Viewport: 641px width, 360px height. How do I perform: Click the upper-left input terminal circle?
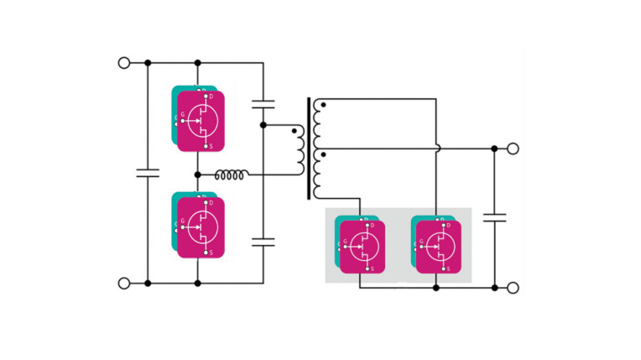tap(124, 63)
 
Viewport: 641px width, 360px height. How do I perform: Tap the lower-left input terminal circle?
tap(124, 284)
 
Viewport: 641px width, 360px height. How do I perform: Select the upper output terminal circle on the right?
tap(513, 149)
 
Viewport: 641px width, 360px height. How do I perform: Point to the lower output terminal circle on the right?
tap(513, 287)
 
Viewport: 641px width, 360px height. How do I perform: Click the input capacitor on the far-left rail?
tap(148, 174)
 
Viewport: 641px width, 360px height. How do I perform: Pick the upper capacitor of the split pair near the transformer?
tap(263, 105)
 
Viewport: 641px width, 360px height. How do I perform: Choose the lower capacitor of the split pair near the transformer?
tap(263, 243)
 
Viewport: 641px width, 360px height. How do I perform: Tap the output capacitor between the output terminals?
tap(494, 217)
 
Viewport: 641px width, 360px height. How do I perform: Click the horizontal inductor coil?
tap(232, 175)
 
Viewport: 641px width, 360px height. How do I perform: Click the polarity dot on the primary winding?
tap(293, 130)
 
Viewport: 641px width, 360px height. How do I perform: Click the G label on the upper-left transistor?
tap(183, 116)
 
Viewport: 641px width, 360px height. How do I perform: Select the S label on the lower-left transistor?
tap(211, 252)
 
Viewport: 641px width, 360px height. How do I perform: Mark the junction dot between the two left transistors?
tap(198, 175)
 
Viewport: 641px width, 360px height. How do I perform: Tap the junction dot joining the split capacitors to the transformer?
tap(263, 125)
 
